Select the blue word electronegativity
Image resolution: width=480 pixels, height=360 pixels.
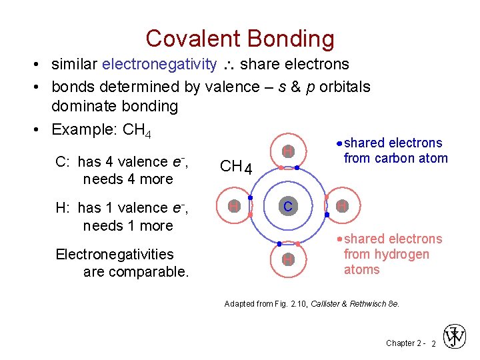[159, 65]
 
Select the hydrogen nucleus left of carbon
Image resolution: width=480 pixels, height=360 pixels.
[235, 207]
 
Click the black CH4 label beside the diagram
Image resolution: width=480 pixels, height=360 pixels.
[235, 167]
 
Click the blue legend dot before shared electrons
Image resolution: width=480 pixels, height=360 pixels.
[339, 143]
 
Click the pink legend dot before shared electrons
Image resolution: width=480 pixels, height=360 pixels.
[339, 239]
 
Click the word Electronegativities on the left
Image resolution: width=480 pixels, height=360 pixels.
[115, 255]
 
